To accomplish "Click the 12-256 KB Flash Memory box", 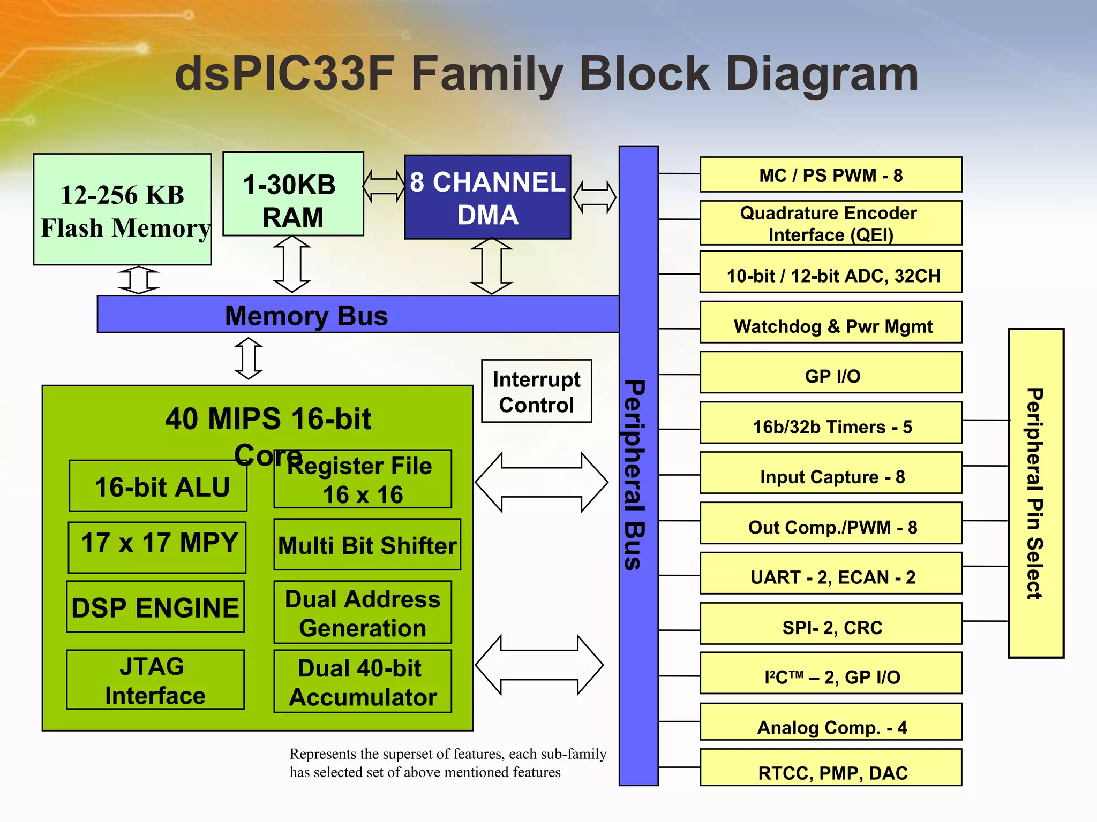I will point(122,210).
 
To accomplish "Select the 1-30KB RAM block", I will point(293,194).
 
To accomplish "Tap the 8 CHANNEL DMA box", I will point(487,197).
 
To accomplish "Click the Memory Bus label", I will point(306,315).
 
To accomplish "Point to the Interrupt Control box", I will point(536,391).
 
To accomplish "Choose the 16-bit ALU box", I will point(158,486).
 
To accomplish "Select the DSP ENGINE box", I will point(155,607).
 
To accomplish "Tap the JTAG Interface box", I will point(155,680).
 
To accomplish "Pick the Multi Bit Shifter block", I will point(367,545).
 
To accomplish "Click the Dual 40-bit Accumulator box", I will point(363,681).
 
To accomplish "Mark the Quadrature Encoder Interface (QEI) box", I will point(830,223).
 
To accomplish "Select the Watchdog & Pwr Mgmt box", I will point(830,323).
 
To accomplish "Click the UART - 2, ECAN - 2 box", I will point(830,574).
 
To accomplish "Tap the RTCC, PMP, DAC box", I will point(830,768).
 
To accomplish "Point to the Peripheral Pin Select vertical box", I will point(1035,493).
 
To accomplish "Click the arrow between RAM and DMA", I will point(384,186).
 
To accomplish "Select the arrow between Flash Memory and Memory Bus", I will point(139,280).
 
